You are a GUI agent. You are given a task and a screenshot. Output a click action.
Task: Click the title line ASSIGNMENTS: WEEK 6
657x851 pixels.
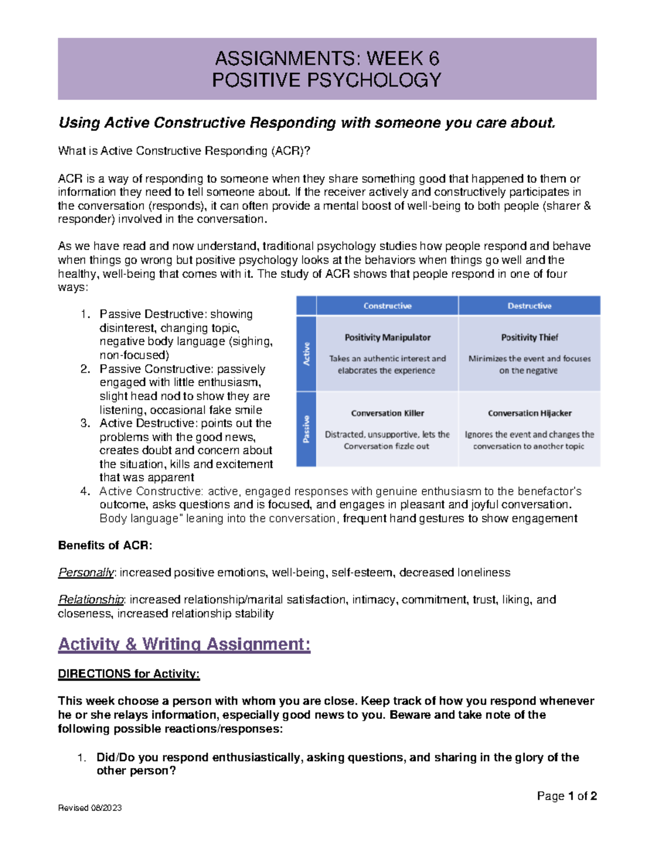point(327,58)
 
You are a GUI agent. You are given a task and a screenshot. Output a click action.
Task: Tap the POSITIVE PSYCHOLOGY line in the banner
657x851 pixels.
point(327,80)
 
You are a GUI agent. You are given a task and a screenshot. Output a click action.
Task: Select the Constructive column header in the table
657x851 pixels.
point(387,306)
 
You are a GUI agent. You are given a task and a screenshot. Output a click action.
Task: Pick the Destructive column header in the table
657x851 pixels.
point(529,306)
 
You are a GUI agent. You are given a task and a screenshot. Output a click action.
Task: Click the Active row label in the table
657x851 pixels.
point(307,353)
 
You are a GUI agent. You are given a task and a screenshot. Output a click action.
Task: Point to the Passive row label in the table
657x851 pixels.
point(307,429)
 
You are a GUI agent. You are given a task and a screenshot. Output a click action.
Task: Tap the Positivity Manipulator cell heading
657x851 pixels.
point(387,338)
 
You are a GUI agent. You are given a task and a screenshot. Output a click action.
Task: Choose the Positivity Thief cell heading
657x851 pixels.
point(529,338)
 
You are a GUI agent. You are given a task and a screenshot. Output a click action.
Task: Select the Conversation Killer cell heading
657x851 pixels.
point(387,413)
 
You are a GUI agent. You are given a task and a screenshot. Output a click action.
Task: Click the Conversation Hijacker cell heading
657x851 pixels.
point(529,413)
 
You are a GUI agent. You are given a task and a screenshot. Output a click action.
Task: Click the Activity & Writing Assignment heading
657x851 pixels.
point(184,644)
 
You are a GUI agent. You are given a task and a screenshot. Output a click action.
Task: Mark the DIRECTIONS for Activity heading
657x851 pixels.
point(129,674)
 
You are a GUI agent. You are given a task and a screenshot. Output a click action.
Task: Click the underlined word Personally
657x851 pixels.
point(86,573)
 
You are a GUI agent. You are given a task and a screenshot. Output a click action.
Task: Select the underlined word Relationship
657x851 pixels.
point(91,599)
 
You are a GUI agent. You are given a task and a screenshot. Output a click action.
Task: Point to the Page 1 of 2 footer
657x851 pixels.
point(566,796)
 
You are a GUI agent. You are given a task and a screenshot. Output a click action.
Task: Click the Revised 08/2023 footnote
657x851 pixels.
point(90,808)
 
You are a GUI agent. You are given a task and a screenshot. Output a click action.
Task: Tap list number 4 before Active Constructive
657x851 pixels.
point(85,492)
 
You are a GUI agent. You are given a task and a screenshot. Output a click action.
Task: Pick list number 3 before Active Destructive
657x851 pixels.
point(85,423)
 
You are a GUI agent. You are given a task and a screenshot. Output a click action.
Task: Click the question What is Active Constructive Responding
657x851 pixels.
point(184,151)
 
